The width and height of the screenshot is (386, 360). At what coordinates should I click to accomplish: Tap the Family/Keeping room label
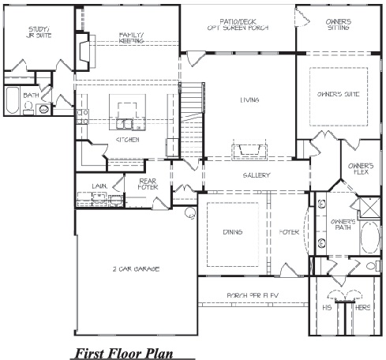(x=131, y=38)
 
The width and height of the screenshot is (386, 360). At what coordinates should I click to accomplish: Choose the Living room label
(x=251, y=100)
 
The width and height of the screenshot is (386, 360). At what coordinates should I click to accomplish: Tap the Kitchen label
(x=127, y=139)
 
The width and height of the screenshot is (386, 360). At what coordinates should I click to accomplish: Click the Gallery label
(x=257, y=175)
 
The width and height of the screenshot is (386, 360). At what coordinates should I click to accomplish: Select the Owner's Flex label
(x=360, y=170)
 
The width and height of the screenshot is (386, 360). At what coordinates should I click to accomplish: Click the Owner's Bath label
(x=342, y=225)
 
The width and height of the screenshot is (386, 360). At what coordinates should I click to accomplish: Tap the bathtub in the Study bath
(x=12, y=101)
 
